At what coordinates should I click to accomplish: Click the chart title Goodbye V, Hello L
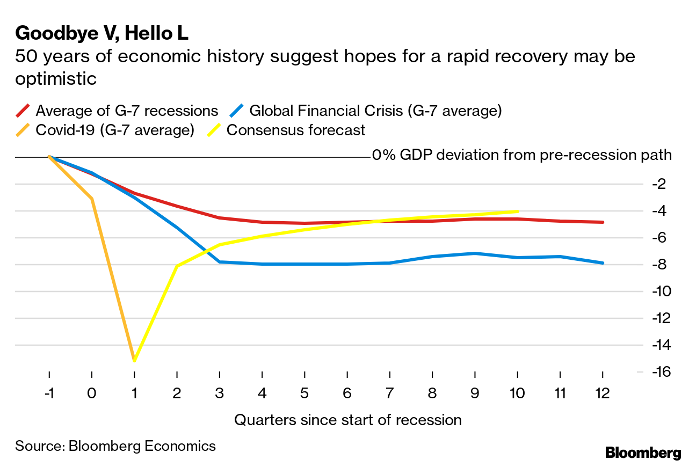click(102, 33)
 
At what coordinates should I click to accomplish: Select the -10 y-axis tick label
click(657, 291)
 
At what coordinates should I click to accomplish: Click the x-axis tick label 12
click(602, 393)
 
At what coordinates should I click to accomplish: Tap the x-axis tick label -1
click(49, 393)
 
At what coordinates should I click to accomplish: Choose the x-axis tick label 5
click(305, 393)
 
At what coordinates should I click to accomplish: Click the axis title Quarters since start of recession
click(347, 420)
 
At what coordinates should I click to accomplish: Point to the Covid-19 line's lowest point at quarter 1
click(134, 360)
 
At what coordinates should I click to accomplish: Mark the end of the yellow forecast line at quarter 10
click(517, 211)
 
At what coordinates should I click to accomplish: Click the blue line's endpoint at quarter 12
click(603, 263)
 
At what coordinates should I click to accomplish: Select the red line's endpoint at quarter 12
click(603, 222)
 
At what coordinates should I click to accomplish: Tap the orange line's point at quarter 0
click(92, 199)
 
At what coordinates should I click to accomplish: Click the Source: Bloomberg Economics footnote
click(115, 446)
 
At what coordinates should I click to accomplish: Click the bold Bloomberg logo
click(643, 453)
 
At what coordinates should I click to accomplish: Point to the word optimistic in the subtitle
click(56, 79)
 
